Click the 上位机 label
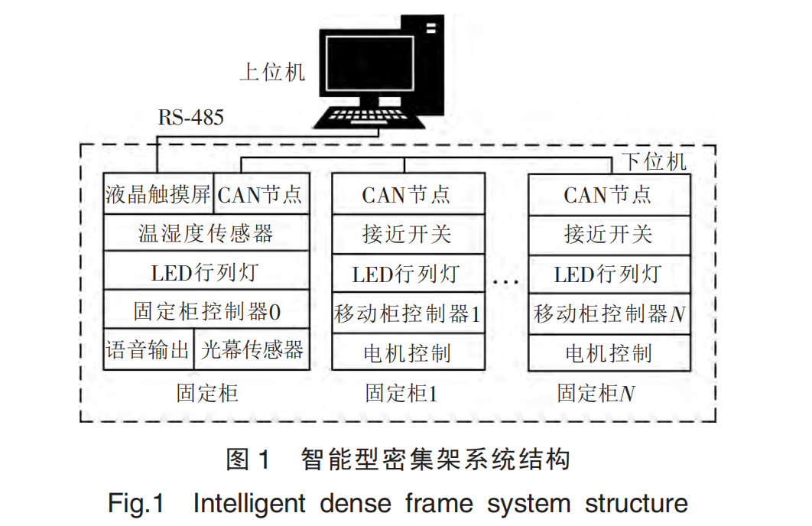272,73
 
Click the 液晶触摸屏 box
158,194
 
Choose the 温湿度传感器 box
206,233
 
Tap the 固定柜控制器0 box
206,311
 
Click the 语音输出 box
148,350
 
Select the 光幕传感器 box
252,350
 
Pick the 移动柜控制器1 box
408,313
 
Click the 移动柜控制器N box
609,313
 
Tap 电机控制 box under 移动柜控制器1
408,352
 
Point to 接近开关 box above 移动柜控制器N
609,233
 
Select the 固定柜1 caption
401,394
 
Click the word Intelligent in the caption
249,504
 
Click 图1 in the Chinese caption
248,459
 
